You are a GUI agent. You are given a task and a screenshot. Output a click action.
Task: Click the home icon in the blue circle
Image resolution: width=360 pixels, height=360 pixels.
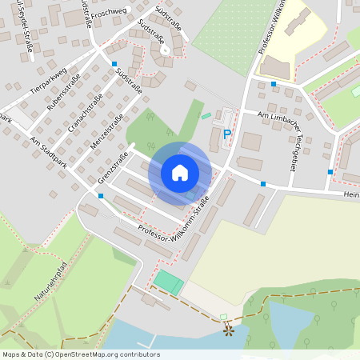point(180,173)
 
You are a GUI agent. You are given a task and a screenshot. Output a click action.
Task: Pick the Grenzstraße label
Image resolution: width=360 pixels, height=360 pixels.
point(113,170)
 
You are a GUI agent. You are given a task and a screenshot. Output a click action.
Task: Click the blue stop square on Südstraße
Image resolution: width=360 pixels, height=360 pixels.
point(114,64)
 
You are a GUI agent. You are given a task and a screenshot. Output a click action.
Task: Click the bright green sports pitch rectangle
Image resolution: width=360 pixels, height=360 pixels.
point(168,282)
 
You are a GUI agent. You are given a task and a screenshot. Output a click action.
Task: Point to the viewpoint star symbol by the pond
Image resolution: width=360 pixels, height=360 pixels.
point(228,328)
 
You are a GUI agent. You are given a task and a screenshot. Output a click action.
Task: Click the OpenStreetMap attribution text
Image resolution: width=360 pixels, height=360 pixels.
point(81,354)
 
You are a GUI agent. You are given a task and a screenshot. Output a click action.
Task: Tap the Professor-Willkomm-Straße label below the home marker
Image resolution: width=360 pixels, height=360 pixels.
point(174,218)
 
